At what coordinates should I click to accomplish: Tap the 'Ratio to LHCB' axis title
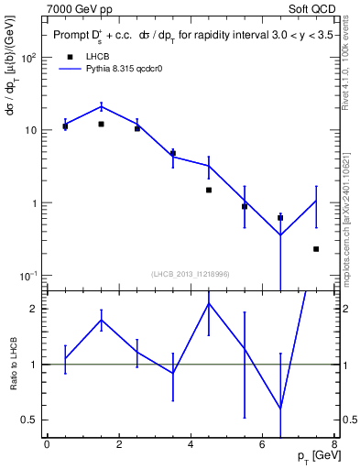point(13,365)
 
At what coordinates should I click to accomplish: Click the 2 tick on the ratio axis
point(33,309)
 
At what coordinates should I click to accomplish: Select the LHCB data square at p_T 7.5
point(316,249)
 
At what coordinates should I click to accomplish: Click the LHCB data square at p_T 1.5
point(101,124)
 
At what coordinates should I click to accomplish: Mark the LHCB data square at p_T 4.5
point(209,190)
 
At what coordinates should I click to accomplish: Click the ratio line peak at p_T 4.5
point(209,303)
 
